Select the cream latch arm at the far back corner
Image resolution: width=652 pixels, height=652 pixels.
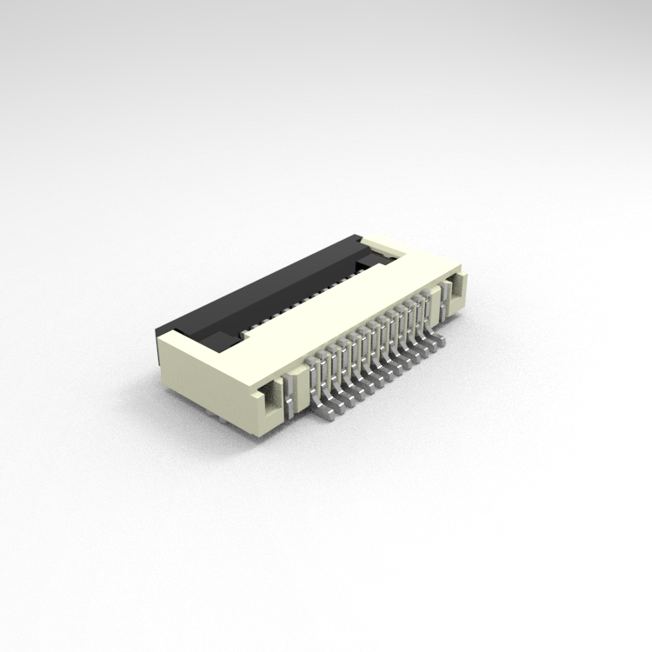click(387, 247)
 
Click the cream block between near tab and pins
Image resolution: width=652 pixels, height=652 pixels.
click(298, 383)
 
